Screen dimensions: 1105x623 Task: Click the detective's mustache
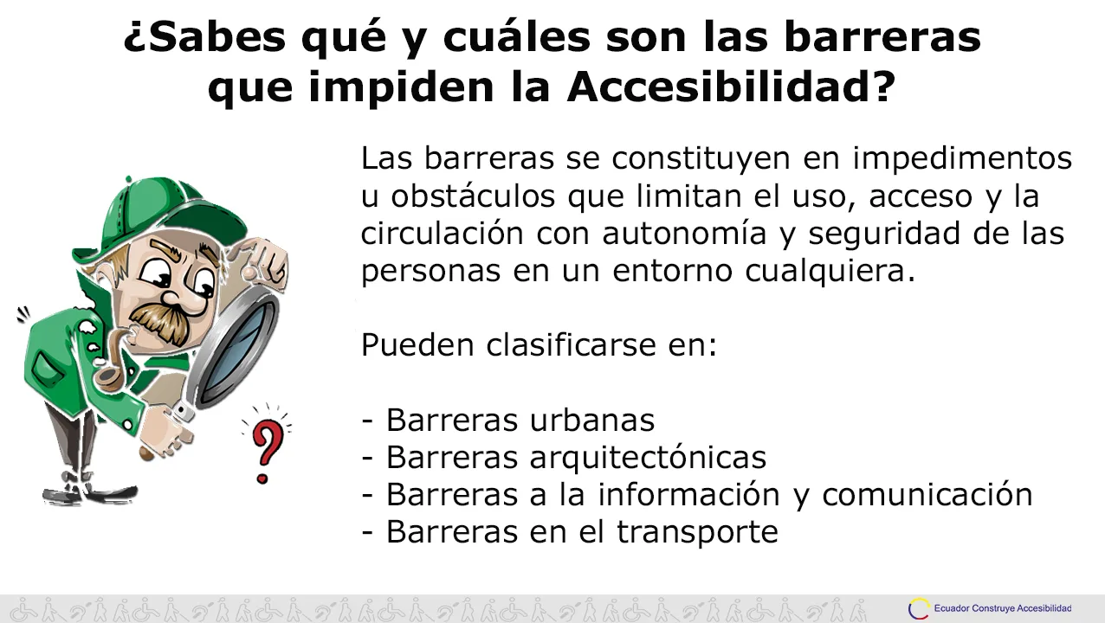160,323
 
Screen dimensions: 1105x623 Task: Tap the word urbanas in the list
592,420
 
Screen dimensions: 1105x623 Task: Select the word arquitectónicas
649,458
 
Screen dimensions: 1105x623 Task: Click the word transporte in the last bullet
697,532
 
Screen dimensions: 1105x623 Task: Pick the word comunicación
927,494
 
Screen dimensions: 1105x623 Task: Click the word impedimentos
962,158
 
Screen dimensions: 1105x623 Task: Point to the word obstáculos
474,196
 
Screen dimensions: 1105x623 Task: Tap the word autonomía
684,233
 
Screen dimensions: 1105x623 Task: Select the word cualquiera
830,271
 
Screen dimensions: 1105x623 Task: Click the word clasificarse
572,344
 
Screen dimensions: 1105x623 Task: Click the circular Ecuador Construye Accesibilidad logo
919,608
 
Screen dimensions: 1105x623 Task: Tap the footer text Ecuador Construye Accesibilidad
1003,608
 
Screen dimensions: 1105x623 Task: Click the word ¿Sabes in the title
204,38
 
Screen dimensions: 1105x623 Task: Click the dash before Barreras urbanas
367,421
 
